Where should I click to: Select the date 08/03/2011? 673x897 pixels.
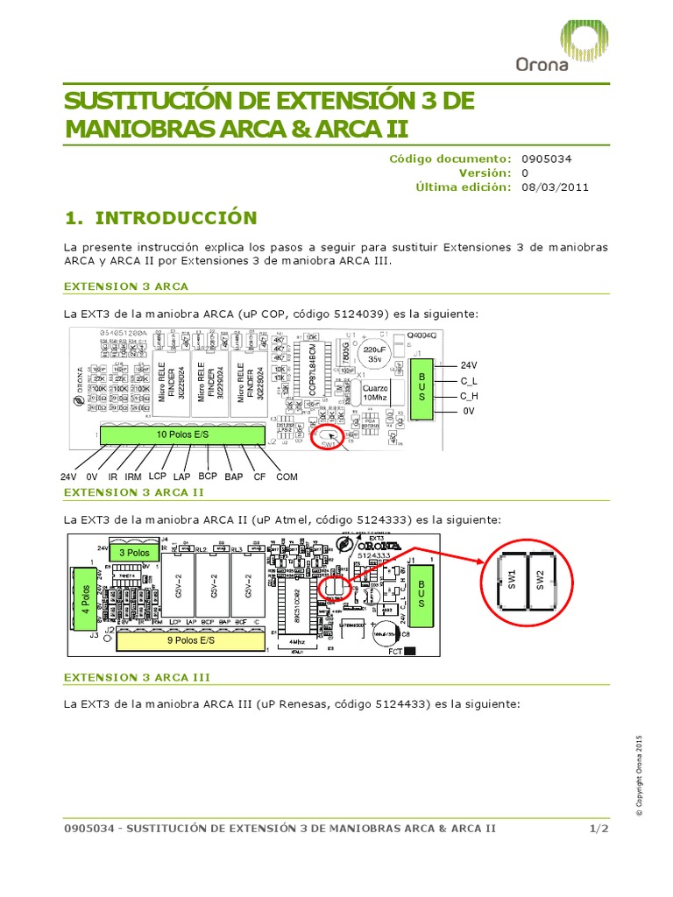point(555,187)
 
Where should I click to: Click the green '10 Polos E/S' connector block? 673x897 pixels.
point(182,434)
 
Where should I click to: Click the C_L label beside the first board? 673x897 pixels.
point(469,381)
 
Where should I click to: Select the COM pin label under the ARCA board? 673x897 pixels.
point(287,477)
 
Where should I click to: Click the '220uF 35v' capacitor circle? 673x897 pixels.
point(374,352)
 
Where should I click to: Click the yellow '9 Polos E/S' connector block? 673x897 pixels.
point(191,640)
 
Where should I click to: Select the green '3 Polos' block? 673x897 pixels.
point(135,553)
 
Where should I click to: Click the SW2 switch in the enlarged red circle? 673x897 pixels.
point(542,579)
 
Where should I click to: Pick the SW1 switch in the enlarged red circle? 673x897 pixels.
point(512,579)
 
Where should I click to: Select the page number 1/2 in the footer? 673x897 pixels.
point(599,829)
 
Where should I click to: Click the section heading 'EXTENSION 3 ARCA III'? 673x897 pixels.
point(138,677)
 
